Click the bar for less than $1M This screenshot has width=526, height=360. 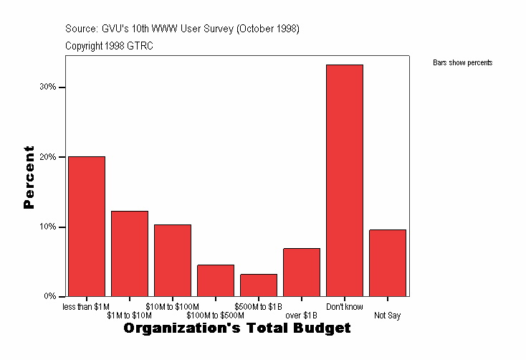point(87,226)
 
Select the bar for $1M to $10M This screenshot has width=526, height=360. point(130,253)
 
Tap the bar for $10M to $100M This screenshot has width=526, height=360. point(173,260)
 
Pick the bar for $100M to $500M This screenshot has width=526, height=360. point(216,280)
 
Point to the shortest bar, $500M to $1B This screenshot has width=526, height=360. point(259,285)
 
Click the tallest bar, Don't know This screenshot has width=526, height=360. point(345,180)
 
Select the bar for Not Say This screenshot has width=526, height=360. point(388,262)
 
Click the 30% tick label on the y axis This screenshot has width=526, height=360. point(48,87)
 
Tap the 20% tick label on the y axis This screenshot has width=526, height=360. point(48,157)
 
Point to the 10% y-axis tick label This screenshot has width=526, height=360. point(48,227)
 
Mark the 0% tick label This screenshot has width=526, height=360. point(50,296)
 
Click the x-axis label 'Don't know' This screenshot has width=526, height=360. point(345,307)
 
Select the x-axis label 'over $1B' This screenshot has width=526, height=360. point(302,316)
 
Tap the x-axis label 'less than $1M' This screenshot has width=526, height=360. point(87,307)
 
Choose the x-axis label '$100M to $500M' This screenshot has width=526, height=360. point(216,316)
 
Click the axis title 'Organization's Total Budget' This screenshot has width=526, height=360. point(237,328)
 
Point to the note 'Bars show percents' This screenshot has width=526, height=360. point(462,63)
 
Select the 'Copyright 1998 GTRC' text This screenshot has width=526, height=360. point(109,46)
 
